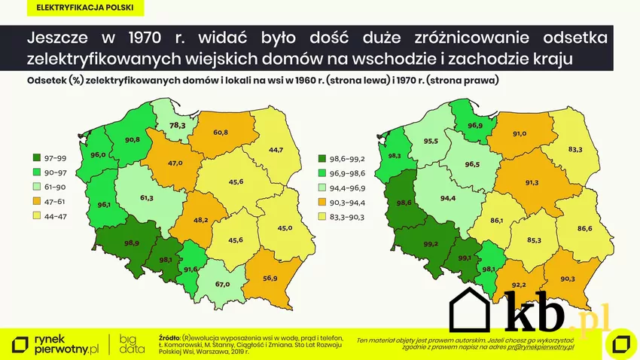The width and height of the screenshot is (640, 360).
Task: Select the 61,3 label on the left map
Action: coord(147,198)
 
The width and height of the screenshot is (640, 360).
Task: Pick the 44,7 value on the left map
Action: coord(275,150)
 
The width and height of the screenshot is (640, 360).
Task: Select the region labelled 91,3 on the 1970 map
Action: coord(532,182)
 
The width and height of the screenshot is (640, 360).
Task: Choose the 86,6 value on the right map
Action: coord(584,227)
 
